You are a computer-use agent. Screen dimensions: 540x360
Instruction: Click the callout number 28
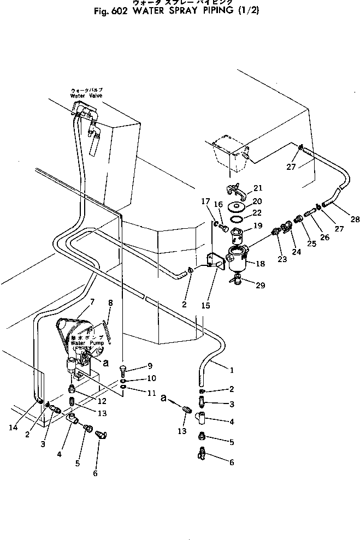click(340, 219)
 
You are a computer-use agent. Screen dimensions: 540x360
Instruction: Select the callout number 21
click(257, 188)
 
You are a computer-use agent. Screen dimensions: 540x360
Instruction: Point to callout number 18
click(260, 264)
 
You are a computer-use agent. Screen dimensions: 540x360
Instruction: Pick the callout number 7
click(92, 301)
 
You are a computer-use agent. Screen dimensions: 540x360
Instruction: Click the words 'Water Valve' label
click(87, 96)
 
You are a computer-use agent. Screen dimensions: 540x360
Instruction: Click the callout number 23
click(282, 259)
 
